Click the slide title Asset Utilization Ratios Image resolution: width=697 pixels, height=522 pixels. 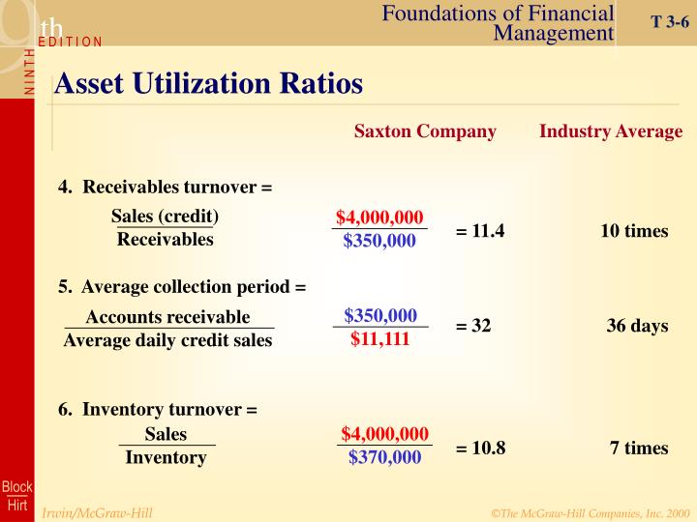pyautogui.click(x=208, y=84)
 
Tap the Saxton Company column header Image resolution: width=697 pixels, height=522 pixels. pyautogui.click(x=425, y=131)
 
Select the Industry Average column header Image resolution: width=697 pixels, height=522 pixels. pyautogui.click(x=611, y=131)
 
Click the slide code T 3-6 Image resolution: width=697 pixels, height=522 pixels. pyautogui.click(x=669, y=20)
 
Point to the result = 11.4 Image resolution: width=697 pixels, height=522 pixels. pyautogui.click(x=480, y=232)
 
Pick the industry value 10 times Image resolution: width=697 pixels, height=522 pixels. pyautogui.click(x=634, y=232)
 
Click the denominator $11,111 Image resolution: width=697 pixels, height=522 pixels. pyautogui.click(x=380, y=339)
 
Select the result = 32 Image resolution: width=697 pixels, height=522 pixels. pyautogui.click(x=473, y=326)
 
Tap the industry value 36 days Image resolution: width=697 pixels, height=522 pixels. pyautogui.click(x=637, y=326)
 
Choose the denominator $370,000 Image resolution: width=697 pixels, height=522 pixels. pyautogui.click(x=384, y=457)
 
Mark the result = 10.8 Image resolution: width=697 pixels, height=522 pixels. pyautogui.click(x=480, y=448)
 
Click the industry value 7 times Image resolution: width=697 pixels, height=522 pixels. pyautogui.click(x=639, y=448)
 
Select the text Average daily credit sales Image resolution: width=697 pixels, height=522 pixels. pyautogui.click(x=168, y=340)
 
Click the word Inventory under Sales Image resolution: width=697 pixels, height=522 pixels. pyautogui.click(x=166, y=457)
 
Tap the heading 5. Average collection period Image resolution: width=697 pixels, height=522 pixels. pyautogui.click(x=181, y=287)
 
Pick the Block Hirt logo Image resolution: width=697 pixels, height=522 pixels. pyautogui.click(x=16, y=495)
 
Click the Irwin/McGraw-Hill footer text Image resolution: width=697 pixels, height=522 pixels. pyautogui.click(x=97, y=512)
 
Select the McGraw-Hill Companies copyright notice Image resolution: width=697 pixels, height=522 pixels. pyautogui.click(x=591, y=512)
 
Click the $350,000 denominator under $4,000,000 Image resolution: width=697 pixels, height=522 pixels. pyautogui.click(x=379, y=241)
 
